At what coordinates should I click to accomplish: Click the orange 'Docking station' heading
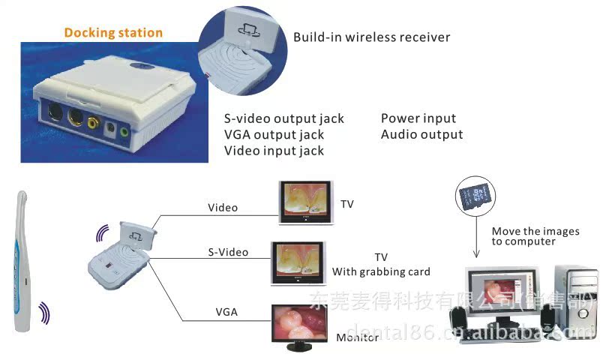[113, 33]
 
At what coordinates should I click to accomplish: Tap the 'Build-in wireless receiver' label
[371, 37]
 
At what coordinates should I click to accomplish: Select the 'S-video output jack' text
[284, 118]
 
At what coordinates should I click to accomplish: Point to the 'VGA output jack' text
[274, 135]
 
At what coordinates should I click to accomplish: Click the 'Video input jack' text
[274, 151]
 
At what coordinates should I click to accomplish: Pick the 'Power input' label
[418, 118]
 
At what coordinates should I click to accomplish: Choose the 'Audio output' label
[421, 135]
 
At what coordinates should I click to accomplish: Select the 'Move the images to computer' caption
[535, 236]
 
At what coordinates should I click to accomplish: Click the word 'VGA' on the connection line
[226, 310]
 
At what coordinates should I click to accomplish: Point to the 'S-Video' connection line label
[228, 252]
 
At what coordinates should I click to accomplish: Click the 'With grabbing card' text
[381, 271]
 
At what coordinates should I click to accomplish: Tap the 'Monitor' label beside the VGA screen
[358, 337]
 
